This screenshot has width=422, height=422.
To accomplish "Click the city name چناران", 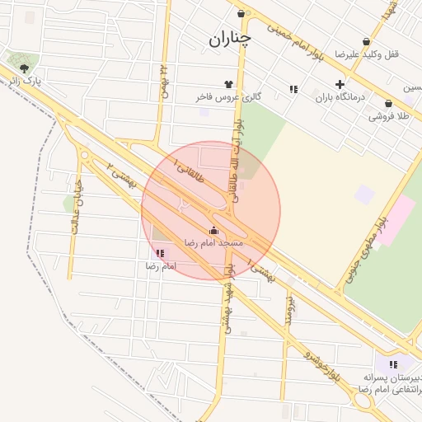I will (x=230, y=38).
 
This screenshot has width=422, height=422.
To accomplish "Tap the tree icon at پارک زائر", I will (x=24, y=68).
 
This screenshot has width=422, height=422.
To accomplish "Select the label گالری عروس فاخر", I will (x=228, y=97).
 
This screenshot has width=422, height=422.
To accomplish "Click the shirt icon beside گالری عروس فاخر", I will (x=228, y=84).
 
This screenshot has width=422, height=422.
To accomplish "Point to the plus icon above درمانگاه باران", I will (x=340, y=84).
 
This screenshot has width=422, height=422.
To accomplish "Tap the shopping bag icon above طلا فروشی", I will (x=388, y=104).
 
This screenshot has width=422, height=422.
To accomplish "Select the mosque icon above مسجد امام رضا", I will (x=214, y=231).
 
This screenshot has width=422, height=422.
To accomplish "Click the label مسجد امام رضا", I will (x=213, y=244).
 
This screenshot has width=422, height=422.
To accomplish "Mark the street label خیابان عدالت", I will (x=77, y=206).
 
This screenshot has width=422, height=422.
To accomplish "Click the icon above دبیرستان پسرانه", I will (x=393, y=363).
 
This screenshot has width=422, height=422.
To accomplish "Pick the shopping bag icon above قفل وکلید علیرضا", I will (x=366, y=41).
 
